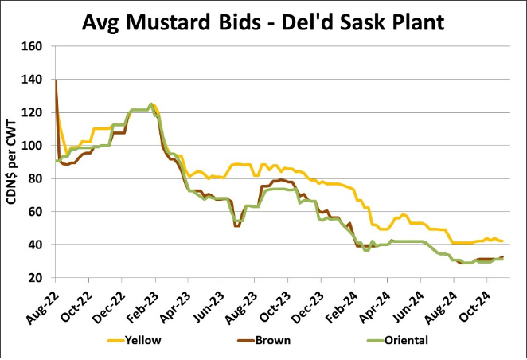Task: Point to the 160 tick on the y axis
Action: click(x=32, y=46)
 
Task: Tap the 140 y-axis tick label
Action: click(x=32, y=80)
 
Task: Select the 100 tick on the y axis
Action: click(x=32, y=146)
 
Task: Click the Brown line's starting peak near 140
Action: click(x=56, y=81)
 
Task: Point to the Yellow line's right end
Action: click(x=502, y=241)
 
